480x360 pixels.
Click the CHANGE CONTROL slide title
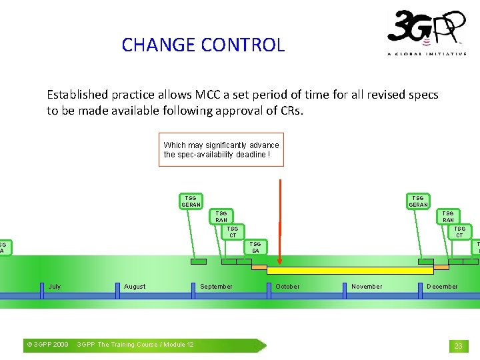[203, 45]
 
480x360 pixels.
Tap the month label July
[55, 287]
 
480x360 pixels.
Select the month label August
[135, 287]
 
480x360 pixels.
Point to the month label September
[217, 287]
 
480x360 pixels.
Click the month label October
[288, 287]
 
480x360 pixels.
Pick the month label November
[367, 287]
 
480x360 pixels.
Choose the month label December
[443, 287]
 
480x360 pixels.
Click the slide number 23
[458, 346]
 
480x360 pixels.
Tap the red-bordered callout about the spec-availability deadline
[221, 149]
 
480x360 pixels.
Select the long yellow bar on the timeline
[350, 271]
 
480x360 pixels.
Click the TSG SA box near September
[255, 247]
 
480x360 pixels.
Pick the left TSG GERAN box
[191, 201]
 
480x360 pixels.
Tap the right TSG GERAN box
[418, 201]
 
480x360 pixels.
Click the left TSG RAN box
[221, 217]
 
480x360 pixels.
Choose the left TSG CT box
[233, 232]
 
